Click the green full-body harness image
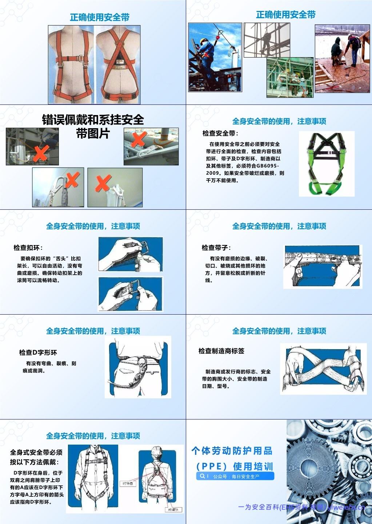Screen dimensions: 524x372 tap(327, 163)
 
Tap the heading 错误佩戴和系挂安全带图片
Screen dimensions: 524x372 tap(93, 126)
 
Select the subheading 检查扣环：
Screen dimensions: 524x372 tap(28, 248)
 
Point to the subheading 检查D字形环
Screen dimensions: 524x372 tap(38, 352)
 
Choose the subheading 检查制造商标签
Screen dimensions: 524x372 tap(221, 351)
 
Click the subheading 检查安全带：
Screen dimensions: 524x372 tap(220, 133)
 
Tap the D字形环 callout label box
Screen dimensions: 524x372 tap(128, 484)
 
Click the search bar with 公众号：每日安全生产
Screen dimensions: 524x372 tap(235, 476)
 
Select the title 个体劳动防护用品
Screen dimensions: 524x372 tap(232, 451)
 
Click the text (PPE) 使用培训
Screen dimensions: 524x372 tap(235, 466)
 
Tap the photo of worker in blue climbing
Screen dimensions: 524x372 tap(215, 57)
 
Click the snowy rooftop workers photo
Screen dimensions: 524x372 tap(342, 58)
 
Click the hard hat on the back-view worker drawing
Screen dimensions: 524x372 tap(157, 451)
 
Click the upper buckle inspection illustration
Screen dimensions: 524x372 tap(130, 254)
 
